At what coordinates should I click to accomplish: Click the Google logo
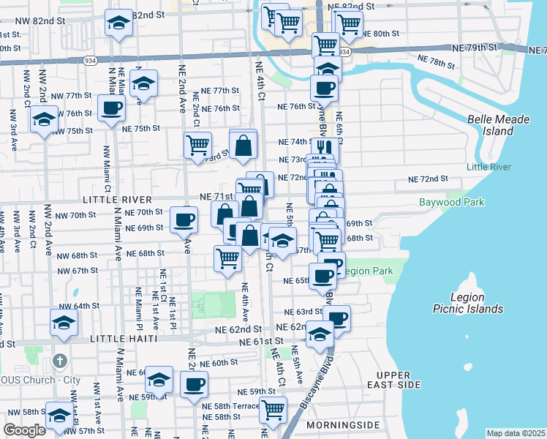[x=24, y=430]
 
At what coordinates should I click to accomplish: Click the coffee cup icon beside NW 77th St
[x=112, y=108]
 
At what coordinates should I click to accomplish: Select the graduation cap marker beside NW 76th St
[x=44, y=118]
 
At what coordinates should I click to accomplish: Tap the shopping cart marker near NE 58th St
[x=273, y=409]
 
